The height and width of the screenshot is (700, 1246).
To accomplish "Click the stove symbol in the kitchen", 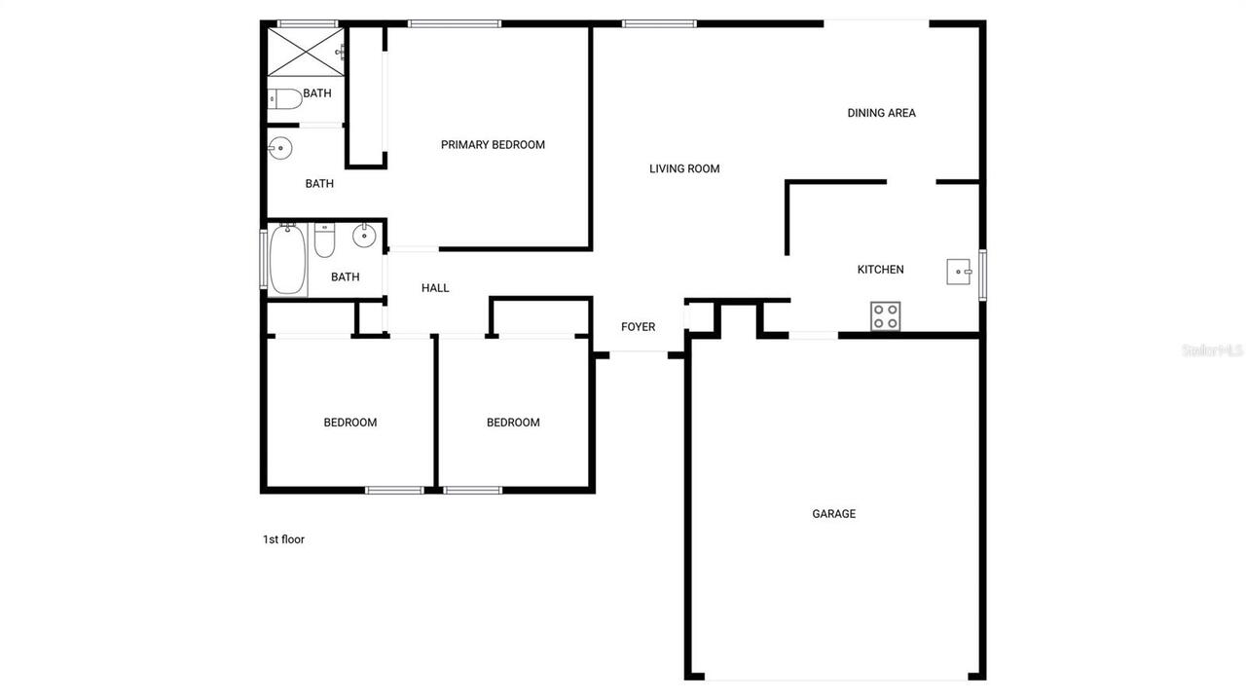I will click(x=885, y=315).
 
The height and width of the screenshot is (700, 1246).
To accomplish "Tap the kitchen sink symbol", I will click(x=959, y=272).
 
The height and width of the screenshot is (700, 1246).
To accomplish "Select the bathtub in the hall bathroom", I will click(x=287, y=259).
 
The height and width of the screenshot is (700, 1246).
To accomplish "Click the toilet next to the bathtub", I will click(x=324, y=239).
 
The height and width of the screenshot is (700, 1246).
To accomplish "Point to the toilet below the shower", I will click(x=285, y=98).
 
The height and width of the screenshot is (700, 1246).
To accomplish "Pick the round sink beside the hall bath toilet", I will click(x=364, y=235).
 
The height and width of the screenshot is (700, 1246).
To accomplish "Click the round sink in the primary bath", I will click(x=279, y=149).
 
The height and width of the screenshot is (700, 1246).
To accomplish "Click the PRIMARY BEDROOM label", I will click(x=493, y=145).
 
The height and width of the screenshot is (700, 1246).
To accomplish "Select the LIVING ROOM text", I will click(x=684, y=168).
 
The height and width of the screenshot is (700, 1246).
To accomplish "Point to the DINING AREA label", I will click(x=881, y=113).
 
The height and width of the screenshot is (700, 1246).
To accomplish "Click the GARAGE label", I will click(x=834, y=514).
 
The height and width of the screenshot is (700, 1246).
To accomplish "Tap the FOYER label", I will click(x=639, y=327).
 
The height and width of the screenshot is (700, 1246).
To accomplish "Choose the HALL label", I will click(x=435, y=288).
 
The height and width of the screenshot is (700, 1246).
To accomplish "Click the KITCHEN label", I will click(x=880, y=270).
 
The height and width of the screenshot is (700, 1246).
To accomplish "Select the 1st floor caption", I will click(x=283, y=539).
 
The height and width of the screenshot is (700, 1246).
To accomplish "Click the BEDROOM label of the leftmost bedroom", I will click(x=350, y=423).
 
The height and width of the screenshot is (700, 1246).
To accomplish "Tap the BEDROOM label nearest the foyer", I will click(x=513, y=423).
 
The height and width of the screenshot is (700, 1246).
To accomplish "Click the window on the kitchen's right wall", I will click(x=982, y=274).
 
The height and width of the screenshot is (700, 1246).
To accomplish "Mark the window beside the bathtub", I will click(x=263, y=258).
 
